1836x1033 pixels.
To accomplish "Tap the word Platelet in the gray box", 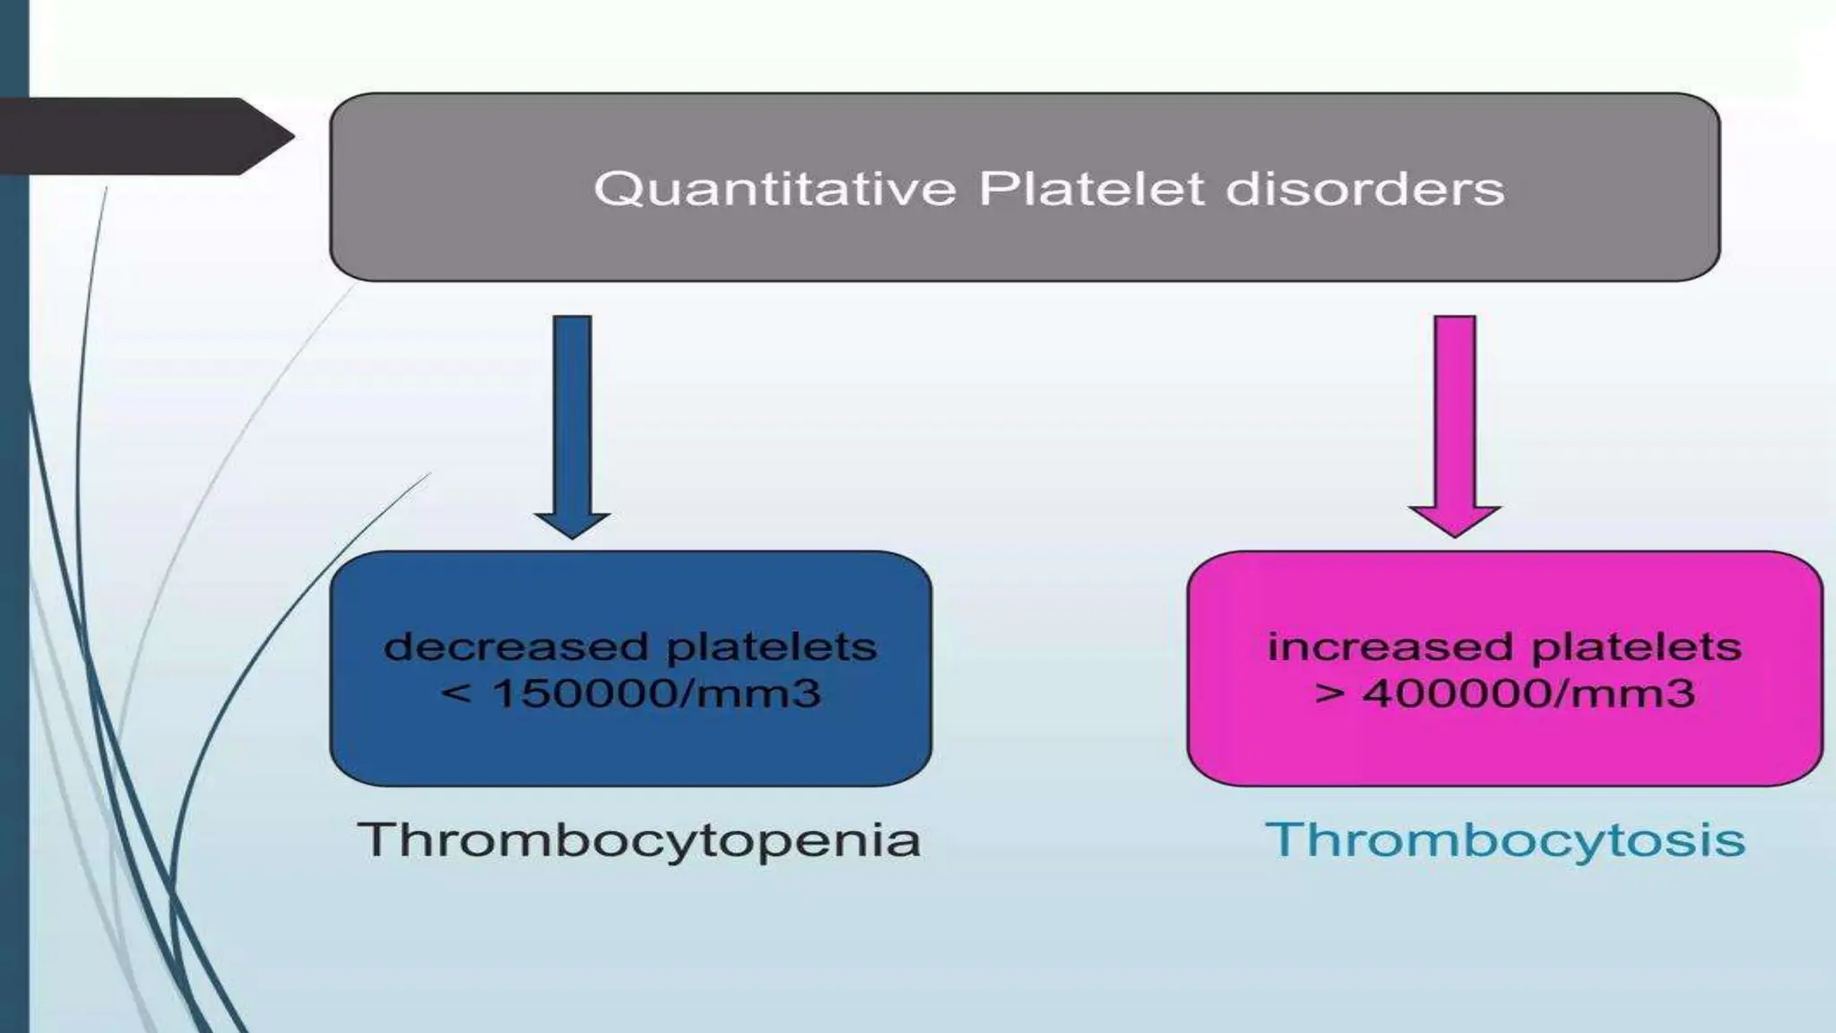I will (1090, 189).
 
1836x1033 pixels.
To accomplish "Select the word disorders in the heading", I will (1365, 189).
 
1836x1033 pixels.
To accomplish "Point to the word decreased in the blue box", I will (515, 647).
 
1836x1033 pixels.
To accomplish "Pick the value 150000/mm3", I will (657, 693).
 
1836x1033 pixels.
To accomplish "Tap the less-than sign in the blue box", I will (456, 693).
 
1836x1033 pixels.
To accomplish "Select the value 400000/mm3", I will (1529, 693).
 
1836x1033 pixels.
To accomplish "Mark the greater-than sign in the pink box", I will (1329, 693).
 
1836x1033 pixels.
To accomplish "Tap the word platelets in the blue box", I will (772, 647).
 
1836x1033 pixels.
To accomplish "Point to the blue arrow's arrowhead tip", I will (572, 535).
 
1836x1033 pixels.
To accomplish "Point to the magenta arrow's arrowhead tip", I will (1454, 534).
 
